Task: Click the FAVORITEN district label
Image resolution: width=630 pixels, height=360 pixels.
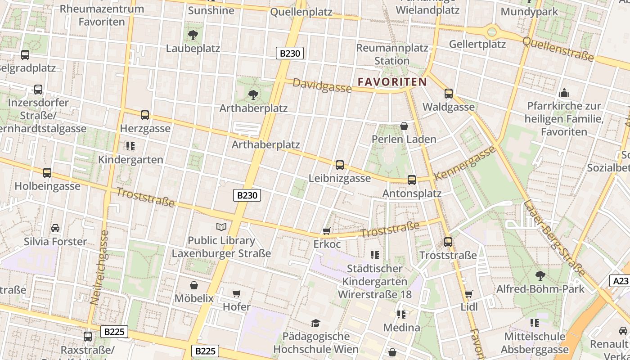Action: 392,82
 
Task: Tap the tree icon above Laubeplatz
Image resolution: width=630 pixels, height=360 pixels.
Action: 193,35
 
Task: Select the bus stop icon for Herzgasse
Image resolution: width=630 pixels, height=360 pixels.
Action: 144,115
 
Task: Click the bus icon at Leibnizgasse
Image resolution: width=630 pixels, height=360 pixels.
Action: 340,165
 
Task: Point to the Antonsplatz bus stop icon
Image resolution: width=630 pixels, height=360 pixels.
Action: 411,180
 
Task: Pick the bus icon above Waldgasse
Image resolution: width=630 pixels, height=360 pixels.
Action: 448,94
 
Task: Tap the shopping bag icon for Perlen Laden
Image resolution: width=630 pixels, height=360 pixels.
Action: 404,126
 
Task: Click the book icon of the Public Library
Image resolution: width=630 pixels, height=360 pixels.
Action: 220,227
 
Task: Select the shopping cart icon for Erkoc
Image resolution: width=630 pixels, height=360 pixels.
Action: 327,231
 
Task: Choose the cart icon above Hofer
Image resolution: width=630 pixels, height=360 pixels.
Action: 237,294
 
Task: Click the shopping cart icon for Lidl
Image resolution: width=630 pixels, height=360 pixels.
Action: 469,294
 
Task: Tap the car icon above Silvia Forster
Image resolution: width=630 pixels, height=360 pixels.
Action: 55,228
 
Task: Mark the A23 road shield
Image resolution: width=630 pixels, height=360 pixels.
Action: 621,281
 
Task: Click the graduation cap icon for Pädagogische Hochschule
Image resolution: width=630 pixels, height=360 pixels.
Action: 316,323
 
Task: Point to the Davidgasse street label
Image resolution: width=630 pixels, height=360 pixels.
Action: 322,85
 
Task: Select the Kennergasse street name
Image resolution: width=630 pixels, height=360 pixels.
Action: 465,162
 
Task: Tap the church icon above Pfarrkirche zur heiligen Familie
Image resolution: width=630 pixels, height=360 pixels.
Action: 564,93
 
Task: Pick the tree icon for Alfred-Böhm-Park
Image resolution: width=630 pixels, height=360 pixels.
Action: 540,275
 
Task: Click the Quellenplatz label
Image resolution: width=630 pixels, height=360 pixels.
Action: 301,12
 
